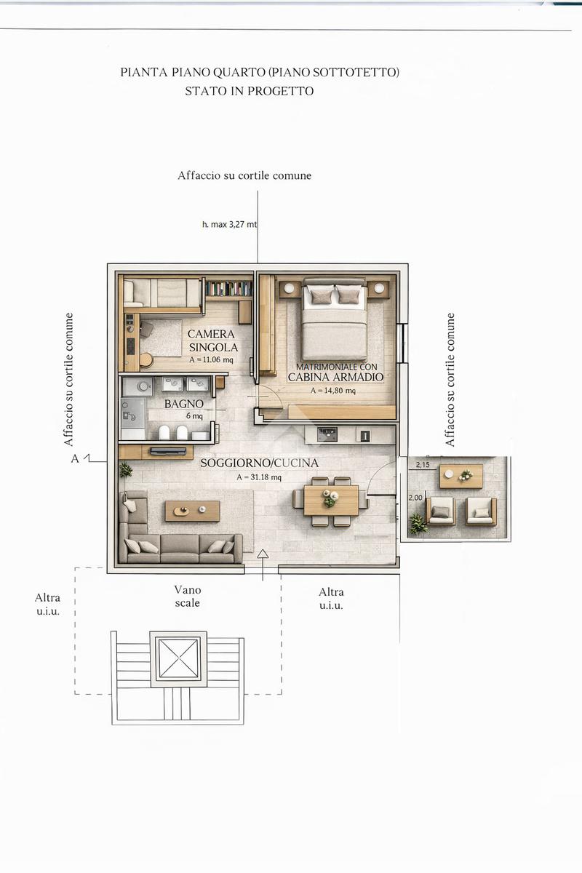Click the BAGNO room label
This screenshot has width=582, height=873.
point(183,404)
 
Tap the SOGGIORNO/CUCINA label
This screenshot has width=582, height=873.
point(259,463)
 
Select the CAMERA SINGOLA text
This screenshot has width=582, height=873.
point(212,340)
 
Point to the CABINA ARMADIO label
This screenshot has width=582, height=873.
point(335,377)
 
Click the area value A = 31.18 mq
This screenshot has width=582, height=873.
point(259,477)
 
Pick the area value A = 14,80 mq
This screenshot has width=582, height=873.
point(333,391)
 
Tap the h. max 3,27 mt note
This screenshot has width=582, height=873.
point(229,225)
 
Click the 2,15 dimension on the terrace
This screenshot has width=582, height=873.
point(423,465)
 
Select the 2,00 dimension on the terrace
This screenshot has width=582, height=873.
point(415,498)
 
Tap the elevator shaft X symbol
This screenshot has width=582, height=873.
point(178,658)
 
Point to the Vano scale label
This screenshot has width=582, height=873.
point(188,597)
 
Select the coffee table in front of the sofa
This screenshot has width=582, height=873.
point(192,511)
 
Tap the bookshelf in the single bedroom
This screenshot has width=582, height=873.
point(229,289)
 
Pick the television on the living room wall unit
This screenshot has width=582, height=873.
point(168,451)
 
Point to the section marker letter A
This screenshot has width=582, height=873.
point(75,459)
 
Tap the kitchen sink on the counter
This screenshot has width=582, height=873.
point(327,434)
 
